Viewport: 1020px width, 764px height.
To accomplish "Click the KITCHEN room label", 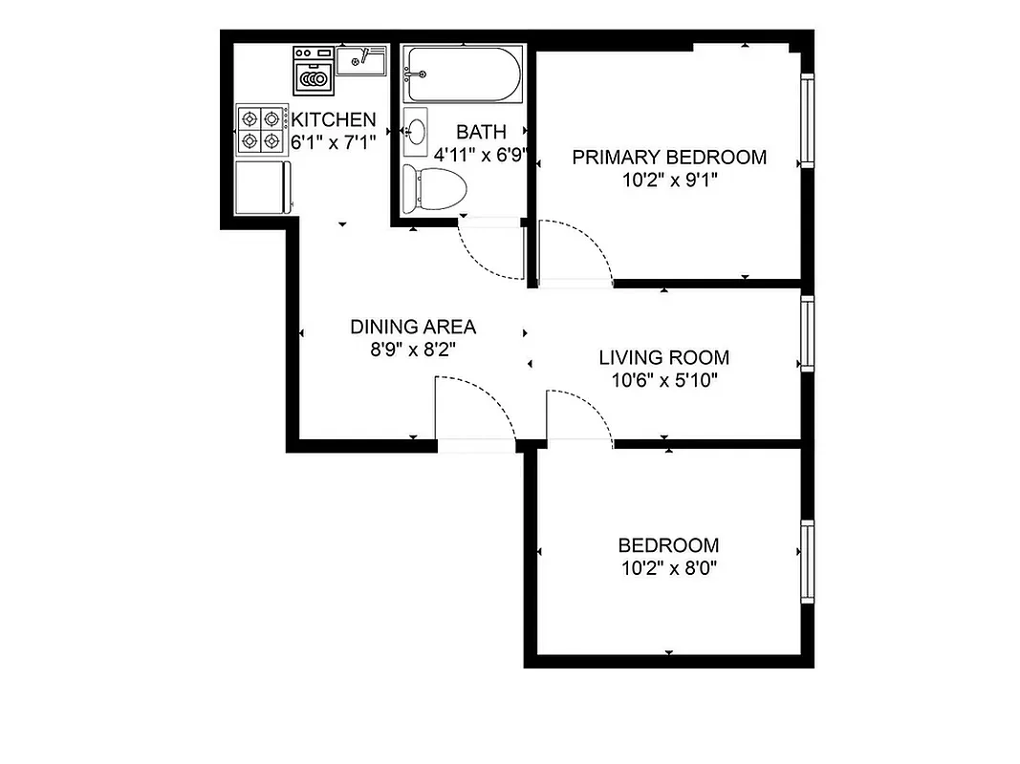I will pos(333,120).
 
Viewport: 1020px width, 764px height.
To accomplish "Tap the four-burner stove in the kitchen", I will pos(263,130).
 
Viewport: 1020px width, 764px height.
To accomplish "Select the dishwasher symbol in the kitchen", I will pos(313,71).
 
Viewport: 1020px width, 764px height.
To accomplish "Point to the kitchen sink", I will pos(360,61).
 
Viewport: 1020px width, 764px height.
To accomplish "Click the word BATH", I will pos(481,132).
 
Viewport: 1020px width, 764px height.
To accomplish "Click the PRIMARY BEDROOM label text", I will pos(669,158).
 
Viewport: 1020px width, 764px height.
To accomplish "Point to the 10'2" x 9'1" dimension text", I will pos(669,179).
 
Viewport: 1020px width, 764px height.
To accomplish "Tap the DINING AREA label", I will pos(412,327).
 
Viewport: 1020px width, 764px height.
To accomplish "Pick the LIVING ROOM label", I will pos(663,358).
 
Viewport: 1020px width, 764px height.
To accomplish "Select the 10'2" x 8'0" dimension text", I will pos(668,568).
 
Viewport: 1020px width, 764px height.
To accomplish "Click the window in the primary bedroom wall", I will pos(808,121).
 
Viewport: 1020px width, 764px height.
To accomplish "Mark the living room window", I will pos(808,332).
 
